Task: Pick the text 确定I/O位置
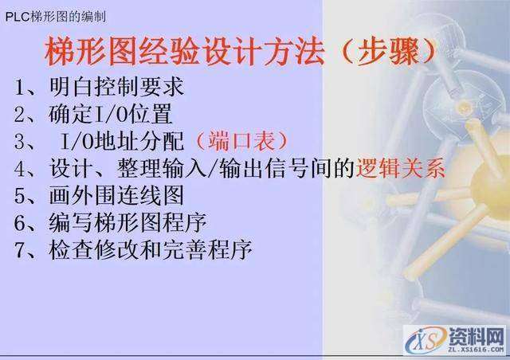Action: (x=111, y=114)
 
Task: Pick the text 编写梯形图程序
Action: (x=128, y=223)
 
